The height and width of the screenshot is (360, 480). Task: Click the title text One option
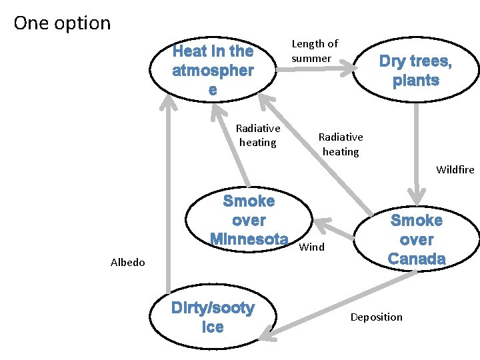point(62,23)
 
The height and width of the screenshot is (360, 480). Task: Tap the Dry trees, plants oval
point(415,71)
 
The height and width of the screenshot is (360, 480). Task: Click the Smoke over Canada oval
point(417,239)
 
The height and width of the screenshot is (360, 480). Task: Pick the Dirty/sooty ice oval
point(213,317)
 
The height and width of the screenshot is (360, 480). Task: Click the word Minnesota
point(249,239)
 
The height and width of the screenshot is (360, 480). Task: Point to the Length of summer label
point(315,51)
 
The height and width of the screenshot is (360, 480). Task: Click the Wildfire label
point(455,169)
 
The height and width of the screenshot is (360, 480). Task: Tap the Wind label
point(312,247)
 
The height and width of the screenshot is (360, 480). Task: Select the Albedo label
point(127,262)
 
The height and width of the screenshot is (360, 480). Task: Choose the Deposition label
point(376,317)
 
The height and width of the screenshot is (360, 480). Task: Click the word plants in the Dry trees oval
point(416,81)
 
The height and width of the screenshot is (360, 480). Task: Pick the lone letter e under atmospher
point(212,90)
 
